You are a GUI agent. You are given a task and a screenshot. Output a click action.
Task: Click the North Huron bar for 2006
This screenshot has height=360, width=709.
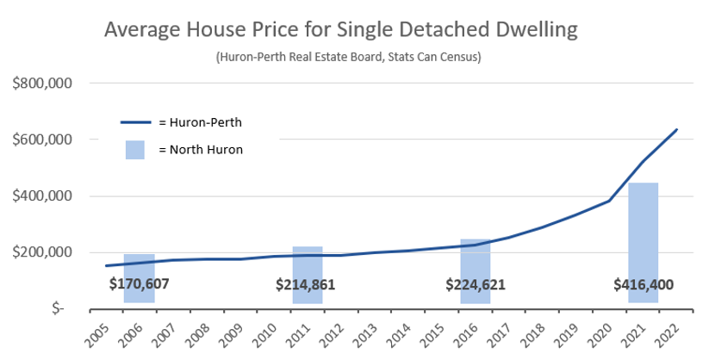pos(140,267)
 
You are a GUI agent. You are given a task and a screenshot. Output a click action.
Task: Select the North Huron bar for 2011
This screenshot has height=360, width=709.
pos(308,263)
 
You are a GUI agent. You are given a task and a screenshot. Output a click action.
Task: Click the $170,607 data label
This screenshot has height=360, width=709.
pos(140,284)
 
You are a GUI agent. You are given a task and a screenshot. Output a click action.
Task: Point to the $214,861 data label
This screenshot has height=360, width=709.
pos(306,284)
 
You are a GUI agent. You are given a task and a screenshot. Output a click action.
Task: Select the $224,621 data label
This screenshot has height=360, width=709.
pos(476,284)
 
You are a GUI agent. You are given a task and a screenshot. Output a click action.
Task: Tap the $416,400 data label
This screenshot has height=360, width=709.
pos(643,284)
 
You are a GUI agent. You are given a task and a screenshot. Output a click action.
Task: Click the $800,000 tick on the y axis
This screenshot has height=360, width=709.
pos(41,84)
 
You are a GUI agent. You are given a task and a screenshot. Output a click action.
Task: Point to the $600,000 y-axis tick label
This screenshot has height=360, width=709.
pos(41,140)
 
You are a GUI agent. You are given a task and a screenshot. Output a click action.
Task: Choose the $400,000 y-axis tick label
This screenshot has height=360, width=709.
pos(41,196)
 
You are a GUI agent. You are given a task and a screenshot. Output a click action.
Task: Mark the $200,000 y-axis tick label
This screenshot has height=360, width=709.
pos(41,252)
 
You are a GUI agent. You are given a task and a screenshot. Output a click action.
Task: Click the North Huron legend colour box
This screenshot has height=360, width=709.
pos(135,149)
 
